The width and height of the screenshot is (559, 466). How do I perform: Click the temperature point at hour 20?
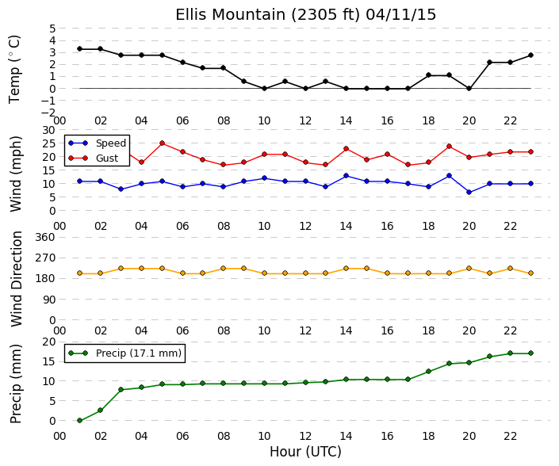tap(469, 88)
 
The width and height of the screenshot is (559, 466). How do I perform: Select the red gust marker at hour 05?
tap(163, 143)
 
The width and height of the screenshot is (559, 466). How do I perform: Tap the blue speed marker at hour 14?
tap(347, 176)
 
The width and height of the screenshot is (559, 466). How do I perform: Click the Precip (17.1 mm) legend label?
tap(139, 353)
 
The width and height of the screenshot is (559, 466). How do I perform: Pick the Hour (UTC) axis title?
tap(305, 452)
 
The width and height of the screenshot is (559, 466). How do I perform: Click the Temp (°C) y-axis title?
tap(14, 70)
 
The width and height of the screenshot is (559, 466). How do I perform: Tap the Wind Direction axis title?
tap(17, 279)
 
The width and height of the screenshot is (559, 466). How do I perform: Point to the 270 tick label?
tap(46, 258)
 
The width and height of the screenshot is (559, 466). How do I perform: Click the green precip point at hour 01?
tap(79, 421)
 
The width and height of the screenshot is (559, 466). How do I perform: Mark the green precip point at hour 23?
tap(530, 353)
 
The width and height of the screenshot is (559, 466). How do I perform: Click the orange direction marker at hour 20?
tap(469, 269)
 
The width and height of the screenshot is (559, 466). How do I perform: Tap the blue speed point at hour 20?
tap(469, 193)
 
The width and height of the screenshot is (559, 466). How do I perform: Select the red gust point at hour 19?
tap(450, 147)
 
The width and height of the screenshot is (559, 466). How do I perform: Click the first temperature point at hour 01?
tap(79, 49)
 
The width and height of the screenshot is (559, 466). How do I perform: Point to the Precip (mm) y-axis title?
tap(15, 384)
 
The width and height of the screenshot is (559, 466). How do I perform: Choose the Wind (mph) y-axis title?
tap(16, 174)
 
